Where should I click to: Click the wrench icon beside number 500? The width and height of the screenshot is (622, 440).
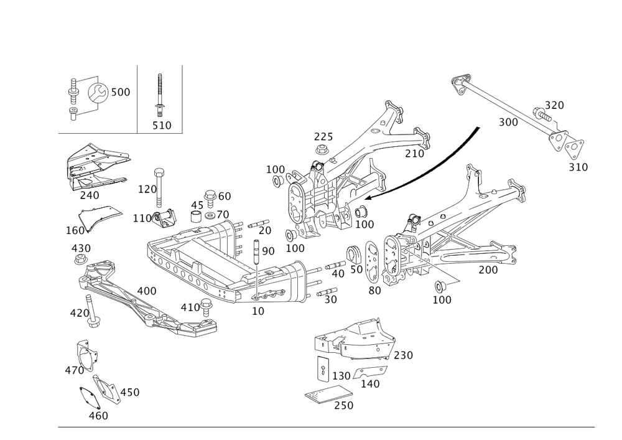pos(97,93)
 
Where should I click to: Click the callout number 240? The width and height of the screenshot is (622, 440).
pos(90,195)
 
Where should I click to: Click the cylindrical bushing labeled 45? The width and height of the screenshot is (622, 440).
pos(197,217)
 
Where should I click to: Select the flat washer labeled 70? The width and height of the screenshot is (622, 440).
pos(210,216)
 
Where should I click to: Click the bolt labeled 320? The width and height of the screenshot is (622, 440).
pos(542,115)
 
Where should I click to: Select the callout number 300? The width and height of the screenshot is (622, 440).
pos(508,122)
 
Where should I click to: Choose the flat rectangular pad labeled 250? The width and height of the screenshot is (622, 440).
pos(329,393)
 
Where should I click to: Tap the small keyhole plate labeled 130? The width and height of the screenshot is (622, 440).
pos(323,369)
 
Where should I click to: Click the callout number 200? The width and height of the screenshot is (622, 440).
pos(488,270)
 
